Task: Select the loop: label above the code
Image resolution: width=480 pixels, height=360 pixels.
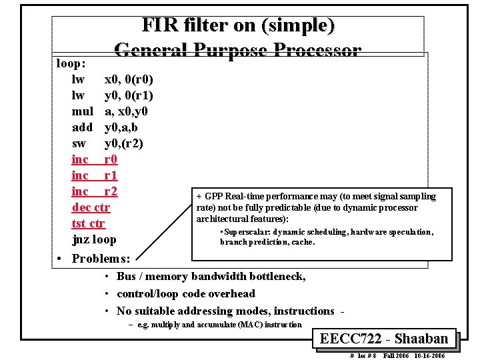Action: click(x=71, y=64)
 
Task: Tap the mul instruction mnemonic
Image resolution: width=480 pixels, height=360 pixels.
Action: click(x=82, y=111)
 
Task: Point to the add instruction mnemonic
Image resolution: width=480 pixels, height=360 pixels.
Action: click(x=82, y=127)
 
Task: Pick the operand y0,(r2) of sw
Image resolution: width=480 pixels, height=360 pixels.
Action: click(x=123, y=143)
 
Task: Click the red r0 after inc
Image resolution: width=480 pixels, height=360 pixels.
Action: click(x=111, y=159)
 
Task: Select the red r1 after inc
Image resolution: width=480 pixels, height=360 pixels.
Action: click(x=111, y=175)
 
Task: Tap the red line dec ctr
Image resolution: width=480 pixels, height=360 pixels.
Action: click(x=91, y=207)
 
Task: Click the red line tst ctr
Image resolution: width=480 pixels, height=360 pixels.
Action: click(x=89, y=223)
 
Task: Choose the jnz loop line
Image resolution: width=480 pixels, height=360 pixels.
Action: click(x=94, y=239)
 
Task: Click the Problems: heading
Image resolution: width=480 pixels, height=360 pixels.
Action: click(x=101, y=259)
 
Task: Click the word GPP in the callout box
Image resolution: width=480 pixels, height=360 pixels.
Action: click(x=214, y=197)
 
